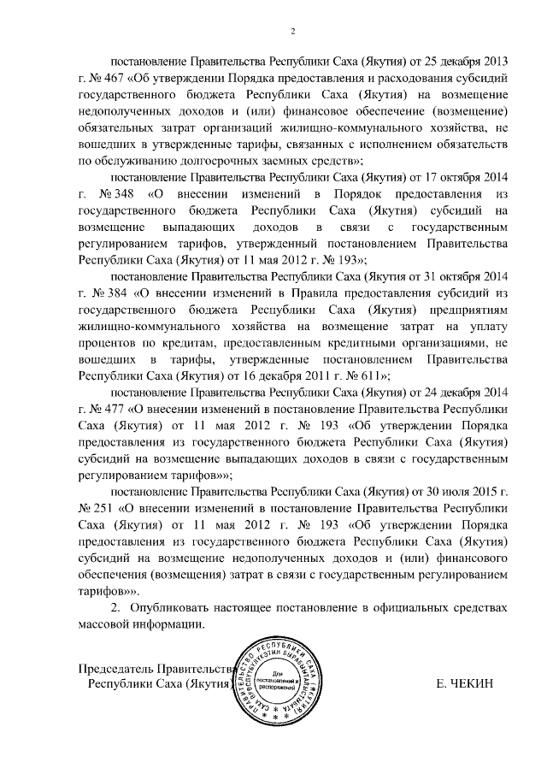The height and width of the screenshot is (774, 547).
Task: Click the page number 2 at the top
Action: click(x=292, y=32)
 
